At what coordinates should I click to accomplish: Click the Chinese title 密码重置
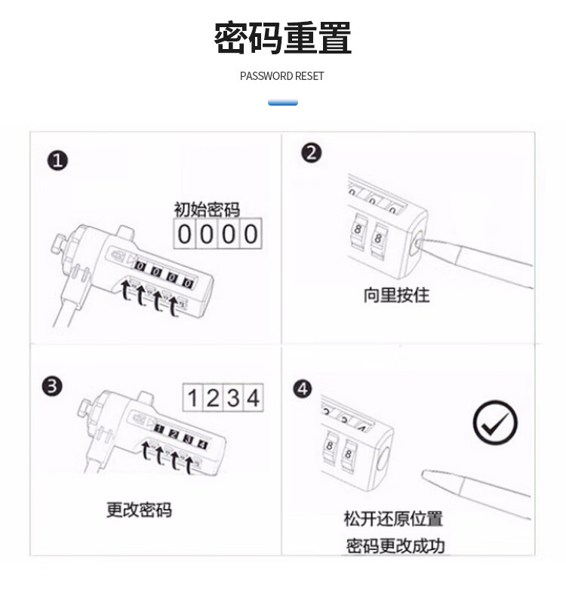coord(282,38)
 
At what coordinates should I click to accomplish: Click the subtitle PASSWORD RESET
coord(281,76)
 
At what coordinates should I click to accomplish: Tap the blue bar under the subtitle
coord(282,103)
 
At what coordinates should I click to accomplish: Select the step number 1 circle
coord(57,161)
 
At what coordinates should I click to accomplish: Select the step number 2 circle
coord(312,154)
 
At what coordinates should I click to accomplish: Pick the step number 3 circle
coord(52,386)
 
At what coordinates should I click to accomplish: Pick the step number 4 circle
coord(303,389)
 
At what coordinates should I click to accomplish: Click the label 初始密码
coord(207,210)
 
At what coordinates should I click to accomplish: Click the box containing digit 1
coord(192,398)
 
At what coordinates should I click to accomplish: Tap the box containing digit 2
coord(213,398)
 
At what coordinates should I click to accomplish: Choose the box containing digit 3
coord(232,398)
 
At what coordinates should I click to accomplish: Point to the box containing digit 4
coord(253,398)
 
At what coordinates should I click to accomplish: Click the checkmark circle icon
coord(495,422)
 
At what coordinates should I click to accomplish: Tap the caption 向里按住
coord(396,295)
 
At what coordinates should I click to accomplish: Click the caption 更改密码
coord(139,510)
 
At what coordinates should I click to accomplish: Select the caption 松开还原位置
coord(393,518)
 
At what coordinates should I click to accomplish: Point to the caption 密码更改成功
coord(395,545)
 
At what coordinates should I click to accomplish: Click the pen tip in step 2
coord(419,241)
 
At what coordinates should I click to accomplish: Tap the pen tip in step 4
coord(423,473)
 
